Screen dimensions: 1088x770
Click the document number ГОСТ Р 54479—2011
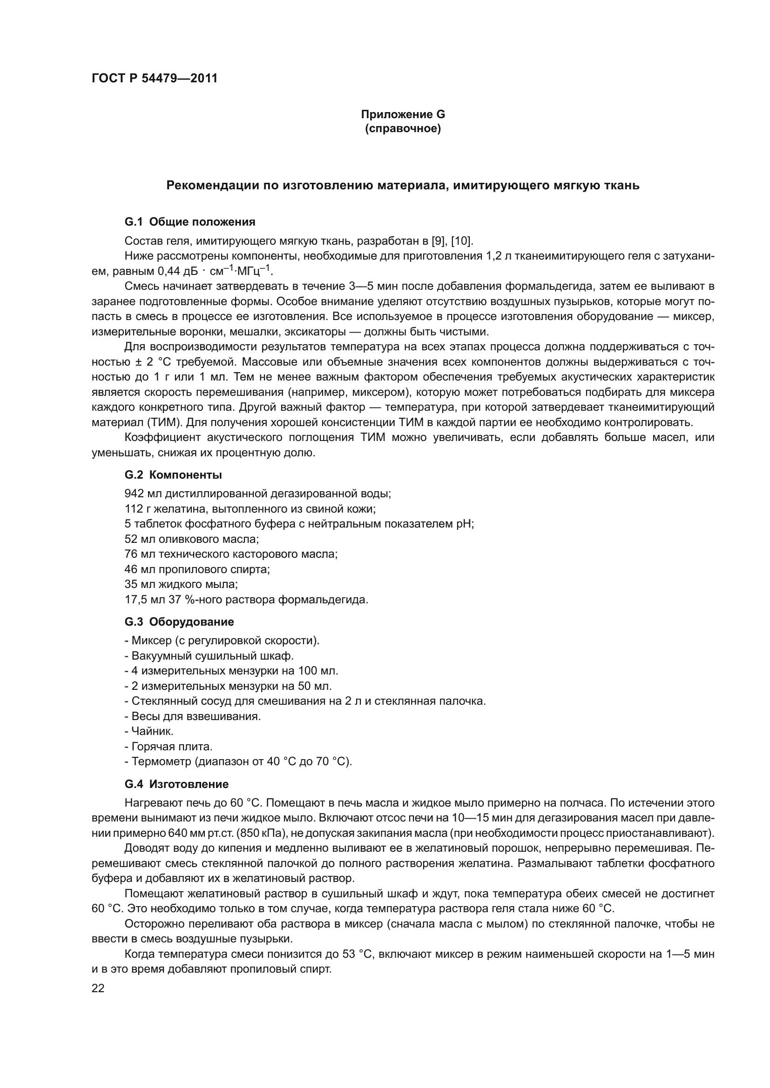pos(154,79)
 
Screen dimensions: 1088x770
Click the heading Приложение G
pos(403,114)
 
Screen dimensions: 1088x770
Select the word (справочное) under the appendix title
pos(403,129)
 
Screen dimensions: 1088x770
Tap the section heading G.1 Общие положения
pos(189,222)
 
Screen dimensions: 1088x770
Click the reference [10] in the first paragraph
pos(461,241)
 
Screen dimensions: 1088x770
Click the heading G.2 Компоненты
pos(173,475)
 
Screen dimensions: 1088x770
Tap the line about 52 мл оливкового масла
pos(191,539)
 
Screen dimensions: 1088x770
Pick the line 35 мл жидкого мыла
pos(181,585)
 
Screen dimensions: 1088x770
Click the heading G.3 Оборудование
pos(179,622)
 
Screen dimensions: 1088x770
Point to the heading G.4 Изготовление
pos(176,784)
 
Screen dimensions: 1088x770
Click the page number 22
pos(98,988)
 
